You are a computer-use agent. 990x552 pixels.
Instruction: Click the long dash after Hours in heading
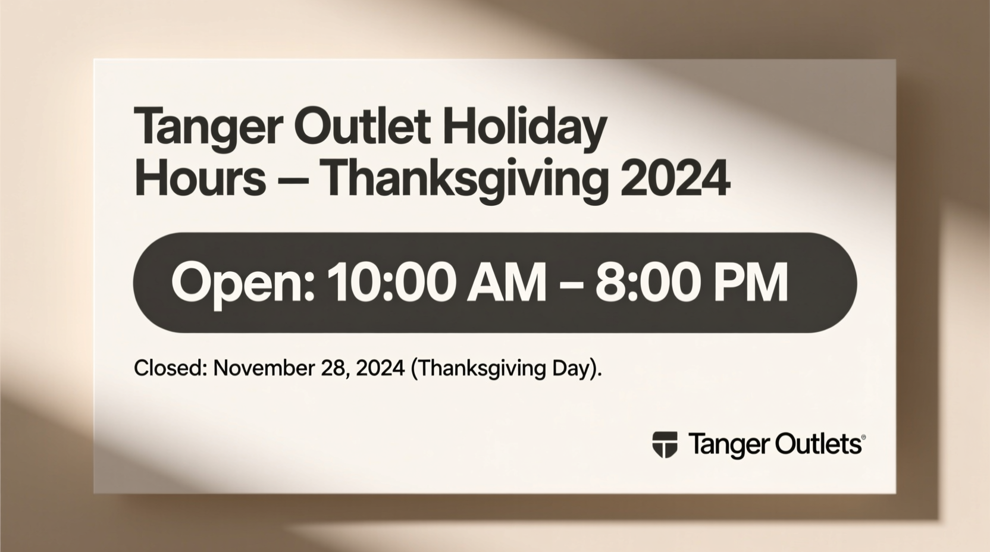[294, 179]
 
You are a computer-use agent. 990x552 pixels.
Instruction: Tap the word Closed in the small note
[170, 368]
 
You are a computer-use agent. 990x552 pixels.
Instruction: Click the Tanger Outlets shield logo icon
[665, 444]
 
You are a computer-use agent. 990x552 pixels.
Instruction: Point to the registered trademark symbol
[863, 437]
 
